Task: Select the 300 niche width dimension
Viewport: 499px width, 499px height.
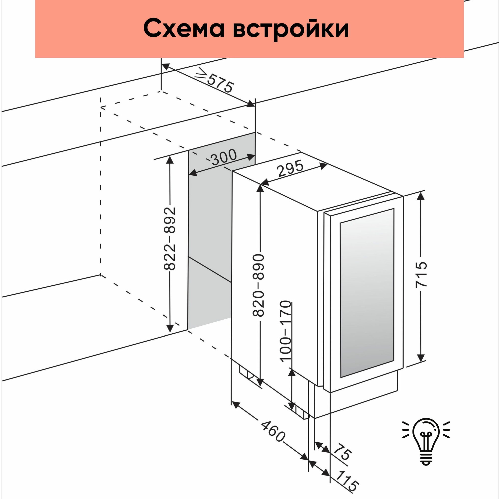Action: pos(224,157)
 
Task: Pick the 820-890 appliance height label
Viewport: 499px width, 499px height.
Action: pos(258,285)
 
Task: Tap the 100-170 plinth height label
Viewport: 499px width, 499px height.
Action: pos(285,331)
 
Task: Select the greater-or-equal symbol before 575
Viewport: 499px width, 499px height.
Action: pos(202,73)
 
